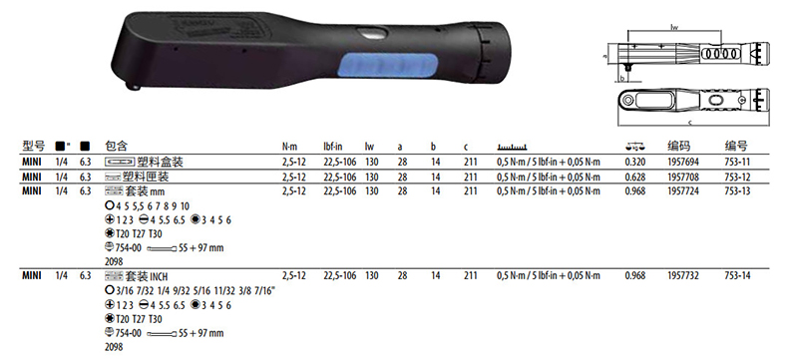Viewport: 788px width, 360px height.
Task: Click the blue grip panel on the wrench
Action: click(388, 67)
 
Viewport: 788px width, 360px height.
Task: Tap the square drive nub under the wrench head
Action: click(135, 86)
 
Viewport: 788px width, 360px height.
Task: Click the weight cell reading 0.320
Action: click(634, 163)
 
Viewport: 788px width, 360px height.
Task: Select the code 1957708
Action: click(683, 177)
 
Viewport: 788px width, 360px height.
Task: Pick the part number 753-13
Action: click(737, 190)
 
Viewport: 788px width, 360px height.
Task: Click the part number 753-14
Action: click(737, 275)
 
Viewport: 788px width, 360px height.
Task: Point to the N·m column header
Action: click(290, 148)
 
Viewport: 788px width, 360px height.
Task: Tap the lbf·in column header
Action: click(333, 147)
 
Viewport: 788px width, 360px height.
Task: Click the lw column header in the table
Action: click(369, 147)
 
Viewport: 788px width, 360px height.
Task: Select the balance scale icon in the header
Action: click(635, 147)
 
